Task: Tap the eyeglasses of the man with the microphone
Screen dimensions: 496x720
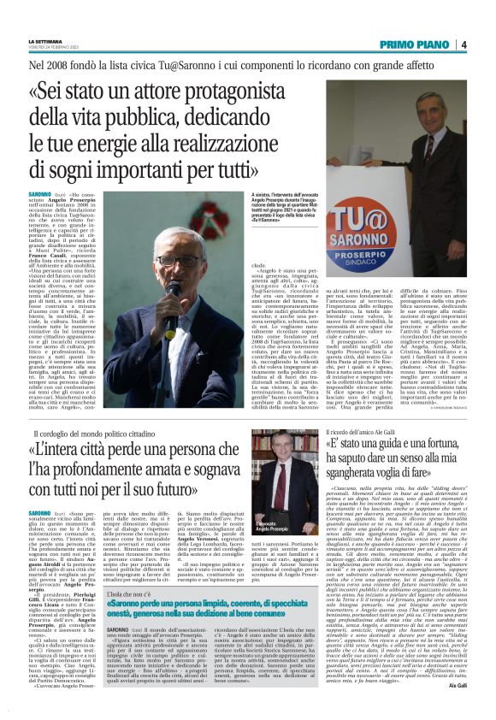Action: click(177, 261)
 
